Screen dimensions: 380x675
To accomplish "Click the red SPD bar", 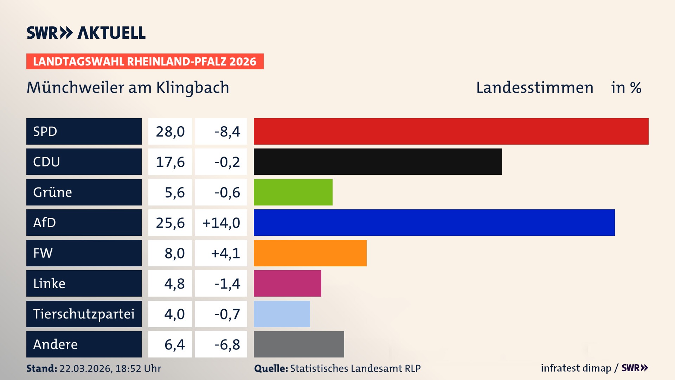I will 451,131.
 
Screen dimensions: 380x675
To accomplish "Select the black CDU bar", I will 378,161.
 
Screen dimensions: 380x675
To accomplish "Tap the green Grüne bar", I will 293,192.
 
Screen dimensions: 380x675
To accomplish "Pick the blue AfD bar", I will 434,222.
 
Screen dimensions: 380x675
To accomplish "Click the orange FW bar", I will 310,253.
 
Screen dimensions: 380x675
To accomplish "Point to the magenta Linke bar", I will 287,283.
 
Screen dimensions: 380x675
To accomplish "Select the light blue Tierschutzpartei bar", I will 282,314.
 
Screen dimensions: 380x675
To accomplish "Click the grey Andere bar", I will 299,344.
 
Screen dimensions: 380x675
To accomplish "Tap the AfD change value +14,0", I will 221,223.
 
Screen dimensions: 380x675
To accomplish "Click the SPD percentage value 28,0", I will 170,132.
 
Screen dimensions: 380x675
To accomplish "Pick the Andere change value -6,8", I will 227,344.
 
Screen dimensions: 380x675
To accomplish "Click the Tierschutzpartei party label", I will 84,314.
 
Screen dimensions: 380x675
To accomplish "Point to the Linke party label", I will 49,284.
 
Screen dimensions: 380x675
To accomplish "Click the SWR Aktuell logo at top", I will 86,33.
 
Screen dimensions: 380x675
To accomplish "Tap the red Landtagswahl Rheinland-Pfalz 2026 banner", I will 144,62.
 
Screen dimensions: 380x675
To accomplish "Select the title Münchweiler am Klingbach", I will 128,88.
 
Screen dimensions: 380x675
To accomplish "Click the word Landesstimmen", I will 534,88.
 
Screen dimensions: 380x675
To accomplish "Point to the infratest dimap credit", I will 576,368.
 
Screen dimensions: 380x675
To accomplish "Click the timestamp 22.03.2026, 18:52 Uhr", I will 110,368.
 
